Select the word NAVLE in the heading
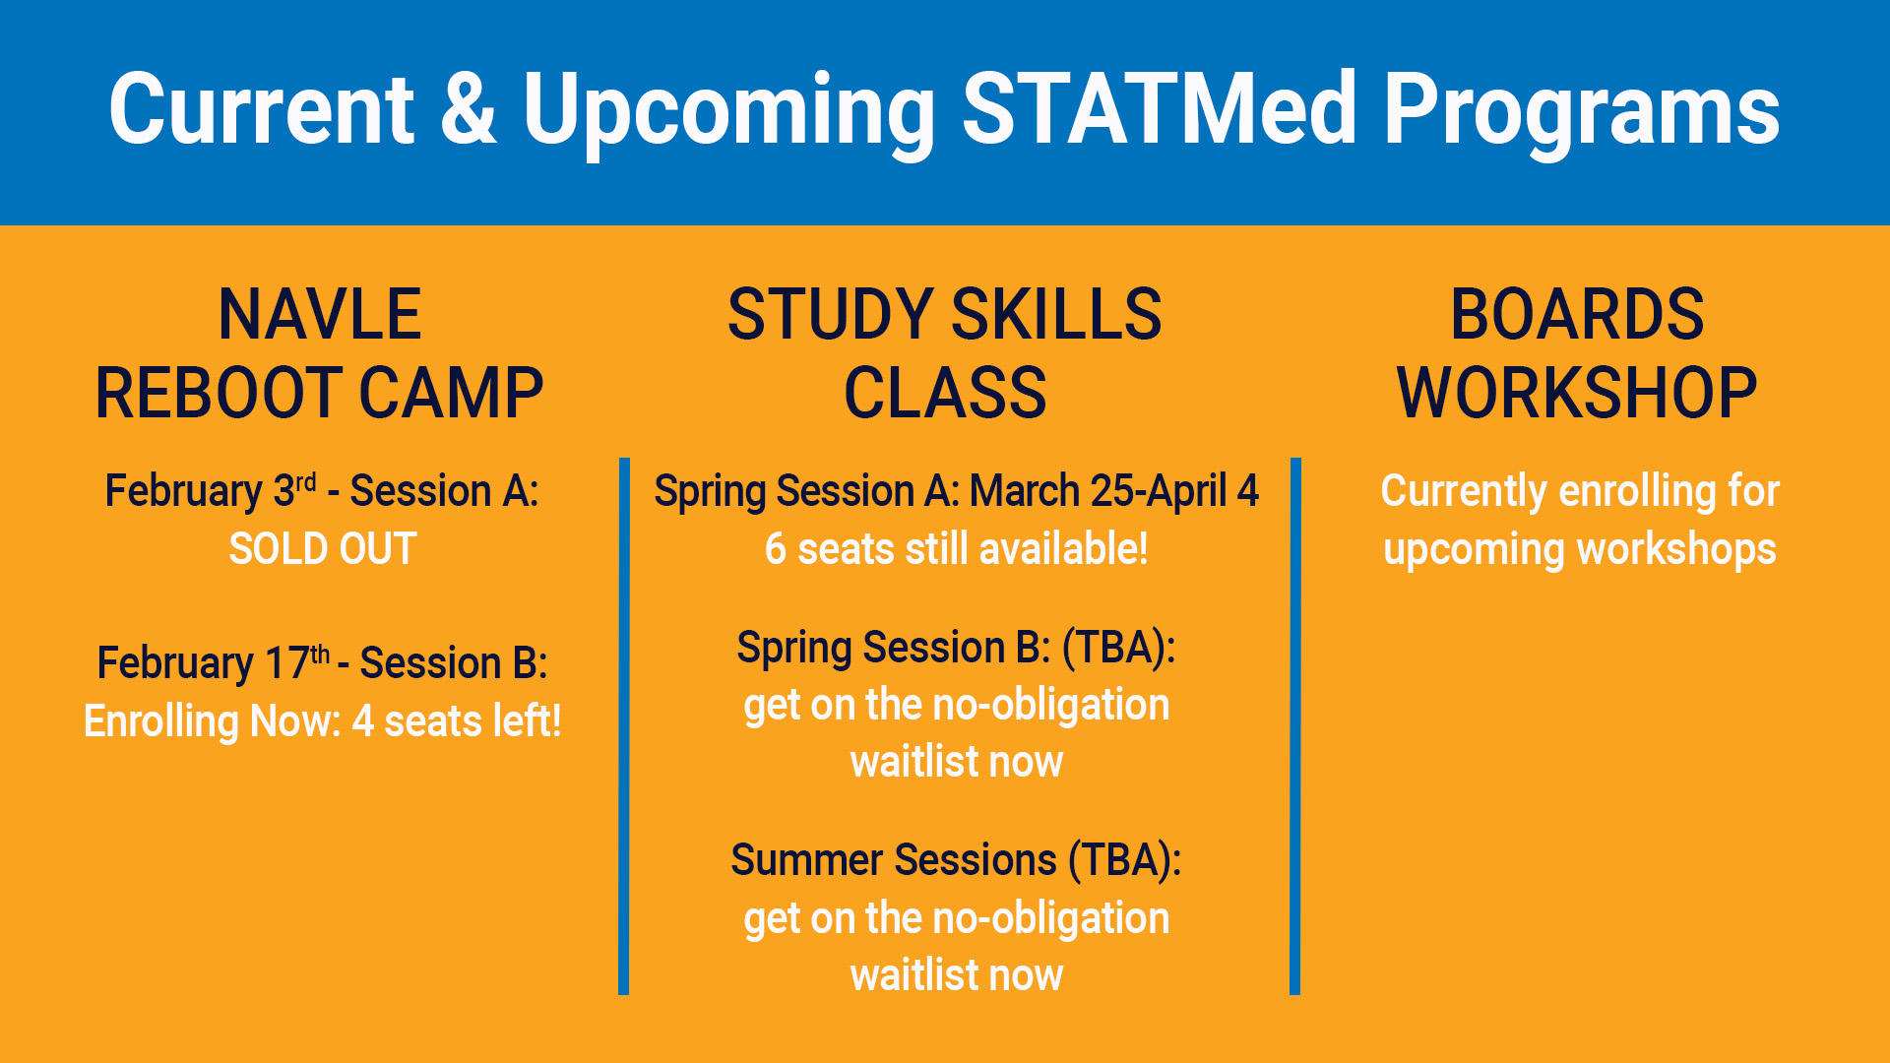320,315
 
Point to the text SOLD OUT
323,549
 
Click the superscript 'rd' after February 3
306,482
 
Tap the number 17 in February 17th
286,663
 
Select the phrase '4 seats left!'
457,721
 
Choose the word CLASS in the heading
945,394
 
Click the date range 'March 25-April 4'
1114,491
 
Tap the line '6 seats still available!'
956,549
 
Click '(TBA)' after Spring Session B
1118,648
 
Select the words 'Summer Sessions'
894,860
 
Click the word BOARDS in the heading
1577,315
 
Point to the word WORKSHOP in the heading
1577,394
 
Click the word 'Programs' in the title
1581,110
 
